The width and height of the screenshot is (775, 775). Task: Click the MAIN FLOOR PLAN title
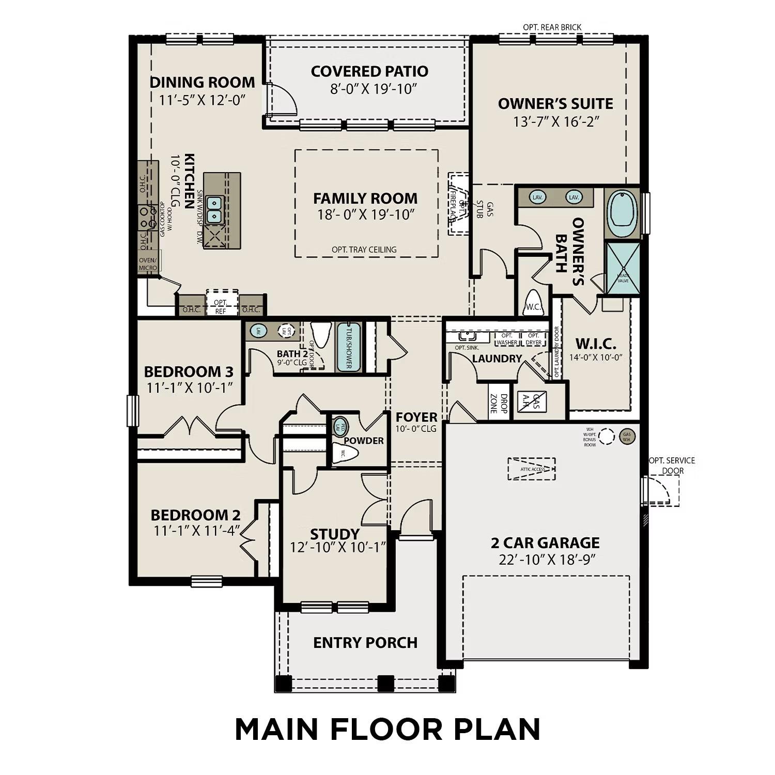(388, 729)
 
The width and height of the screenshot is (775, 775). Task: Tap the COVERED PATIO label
(369, 71)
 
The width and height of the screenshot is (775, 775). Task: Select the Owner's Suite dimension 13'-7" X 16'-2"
(555, 121)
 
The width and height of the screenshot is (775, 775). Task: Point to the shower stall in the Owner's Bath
(623, 268)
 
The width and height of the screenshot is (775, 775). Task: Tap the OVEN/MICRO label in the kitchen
(148, 264)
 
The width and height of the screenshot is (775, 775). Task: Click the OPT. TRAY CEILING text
(364, 250)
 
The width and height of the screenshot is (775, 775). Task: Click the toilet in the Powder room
(346, 454)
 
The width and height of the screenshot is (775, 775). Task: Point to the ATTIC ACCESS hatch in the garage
(532, 469)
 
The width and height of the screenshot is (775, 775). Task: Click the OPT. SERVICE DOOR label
(672, 466)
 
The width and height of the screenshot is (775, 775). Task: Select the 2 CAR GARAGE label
(545, 542)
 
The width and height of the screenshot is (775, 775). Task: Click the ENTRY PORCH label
(365, 643)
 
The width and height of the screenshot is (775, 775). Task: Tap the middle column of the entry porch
(385, 683)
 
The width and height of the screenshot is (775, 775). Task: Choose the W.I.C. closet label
(595, 344)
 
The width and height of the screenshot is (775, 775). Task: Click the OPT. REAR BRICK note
(552, 27)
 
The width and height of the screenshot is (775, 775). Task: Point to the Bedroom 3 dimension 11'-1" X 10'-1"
(189, 388)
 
